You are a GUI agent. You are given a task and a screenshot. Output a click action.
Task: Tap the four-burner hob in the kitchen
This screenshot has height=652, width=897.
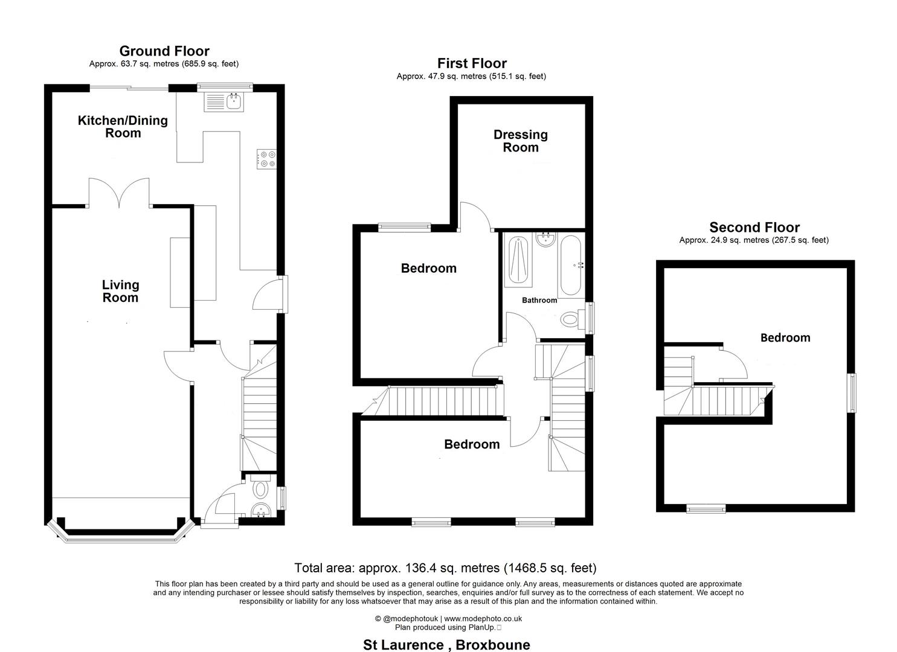click(x=267, y=159)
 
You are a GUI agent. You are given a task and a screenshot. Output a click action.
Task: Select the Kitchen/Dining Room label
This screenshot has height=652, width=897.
click(x=123, y=127)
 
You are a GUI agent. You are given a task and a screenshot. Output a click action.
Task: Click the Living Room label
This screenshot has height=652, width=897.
click(x=120, y=291)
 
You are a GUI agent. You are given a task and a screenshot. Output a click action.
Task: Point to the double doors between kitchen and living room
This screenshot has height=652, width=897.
click(x=119, y=193)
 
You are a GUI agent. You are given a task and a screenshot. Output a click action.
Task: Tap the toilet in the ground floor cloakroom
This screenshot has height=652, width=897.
click(x=261, y=487)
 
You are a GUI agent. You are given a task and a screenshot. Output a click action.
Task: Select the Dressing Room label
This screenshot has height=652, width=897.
click(x=521, y=141)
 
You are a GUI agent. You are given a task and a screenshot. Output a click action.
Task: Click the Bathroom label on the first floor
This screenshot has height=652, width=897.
click(x=539, y=300)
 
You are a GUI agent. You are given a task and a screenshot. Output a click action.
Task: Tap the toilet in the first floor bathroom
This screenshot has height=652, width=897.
click(x=571, y=318)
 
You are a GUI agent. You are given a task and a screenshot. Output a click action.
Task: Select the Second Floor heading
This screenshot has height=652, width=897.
click(x=754, y=228)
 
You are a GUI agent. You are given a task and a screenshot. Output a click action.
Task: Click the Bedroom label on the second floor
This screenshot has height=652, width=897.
click(x=785, y=337)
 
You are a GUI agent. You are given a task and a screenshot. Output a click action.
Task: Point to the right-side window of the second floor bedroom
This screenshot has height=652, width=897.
click(x=852, y=394)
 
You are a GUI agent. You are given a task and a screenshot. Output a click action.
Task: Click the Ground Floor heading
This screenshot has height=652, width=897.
click(x=164, y=51)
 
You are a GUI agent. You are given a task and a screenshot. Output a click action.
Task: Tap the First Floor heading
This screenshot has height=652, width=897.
click(x=472, y=63)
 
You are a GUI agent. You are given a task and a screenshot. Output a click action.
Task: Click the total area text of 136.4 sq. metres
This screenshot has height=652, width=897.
click(x=445, y=568)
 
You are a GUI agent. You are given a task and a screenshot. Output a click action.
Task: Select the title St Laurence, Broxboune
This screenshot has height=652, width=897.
click(x=446, y=645)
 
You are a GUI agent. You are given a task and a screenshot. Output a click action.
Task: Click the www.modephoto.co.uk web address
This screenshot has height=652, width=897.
click(x=483, y=619)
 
